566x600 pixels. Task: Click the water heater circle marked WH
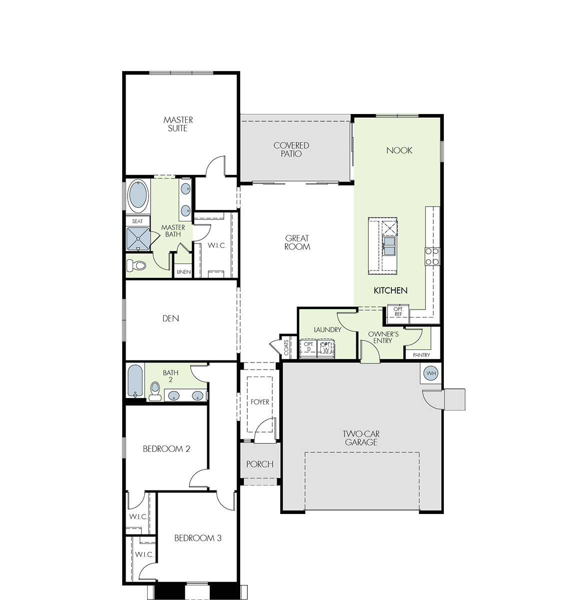[431, 373]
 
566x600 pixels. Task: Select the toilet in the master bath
[137, 265]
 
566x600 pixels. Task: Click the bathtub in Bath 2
[135, 380]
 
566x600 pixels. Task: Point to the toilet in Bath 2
[155, 391]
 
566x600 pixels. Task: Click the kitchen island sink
[389, 246]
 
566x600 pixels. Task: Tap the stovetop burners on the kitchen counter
[432, 256]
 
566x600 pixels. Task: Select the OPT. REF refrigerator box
[398, 314]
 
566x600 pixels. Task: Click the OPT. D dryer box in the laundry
[308, 348]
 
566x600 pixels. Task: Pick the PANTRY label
[421, 355]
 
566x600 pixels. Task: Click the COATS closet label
[286, 347]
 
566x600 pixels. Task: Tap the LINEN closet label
[184, 272]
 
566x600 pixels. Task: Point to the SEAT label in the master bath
[137, 221]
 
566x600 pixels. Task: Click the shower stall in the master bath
[138, 238]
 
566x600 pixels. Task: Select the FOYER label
[260, 402]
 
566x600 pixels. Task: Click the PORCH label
[260, 464]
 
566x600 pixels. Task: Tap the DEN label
[171, 318]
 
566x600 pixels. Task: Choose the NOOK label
[399, 150]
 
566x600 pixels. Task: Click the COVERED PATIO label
[291, 149]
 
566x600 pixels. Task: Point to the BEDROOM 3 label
[198, 538]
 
